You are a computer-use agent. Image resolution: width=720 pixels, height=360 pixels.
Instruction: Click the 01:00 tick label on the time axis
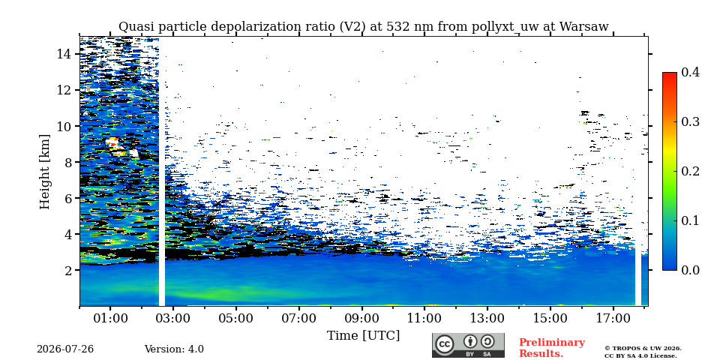coord(111,318)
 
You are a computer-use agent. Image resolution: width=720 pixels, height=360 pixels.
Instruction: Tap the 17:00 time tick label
coord(614,318)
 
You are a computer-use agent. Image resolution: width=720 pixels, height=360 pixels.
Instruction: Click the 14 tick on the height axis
coord(64,54)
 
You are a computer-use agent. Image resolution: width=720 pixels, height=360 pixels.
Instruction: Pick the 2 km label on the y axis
coord(69,270)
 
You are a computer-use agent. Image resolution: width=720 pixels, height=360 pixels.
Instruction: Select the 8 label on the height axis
coord(69,162)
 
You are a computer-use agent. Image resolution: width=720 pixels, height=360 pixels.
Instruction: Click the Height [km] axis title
coord(44,172)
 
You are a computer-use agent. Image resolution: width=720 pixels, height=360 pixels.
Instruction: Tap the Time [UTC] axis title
coord(363,336)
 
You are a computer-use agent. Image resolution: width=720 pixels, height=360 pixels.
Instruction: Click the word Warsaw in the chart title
coord(583,27)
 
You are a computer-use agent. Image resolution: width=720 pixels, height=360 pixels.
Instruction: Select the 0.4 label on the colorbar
coord(690,72)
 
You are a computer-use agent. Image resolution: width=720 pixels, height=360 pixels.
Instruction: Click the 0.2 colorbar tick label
coord(690,171)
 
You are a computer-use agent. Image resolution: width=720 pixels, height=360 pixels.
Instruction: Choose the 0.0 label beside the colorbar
coord(690,270)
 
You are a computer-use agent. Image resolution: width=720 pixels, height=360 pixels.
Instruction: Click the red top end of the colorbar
coord(670,74)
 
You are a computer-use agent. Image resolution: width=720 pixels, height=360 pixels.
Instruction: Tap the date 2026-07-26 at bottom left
coord(65,349)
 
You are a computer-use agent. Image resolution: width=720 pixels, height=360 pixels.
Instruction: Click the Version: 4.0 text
coord(174,349)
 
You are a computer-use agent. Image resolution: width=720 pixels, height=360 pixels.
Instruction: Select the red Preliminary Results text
coord(552,348)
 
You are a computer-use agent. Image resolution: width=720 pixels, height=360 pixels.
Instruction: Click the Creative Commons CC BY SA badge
coord(468,345)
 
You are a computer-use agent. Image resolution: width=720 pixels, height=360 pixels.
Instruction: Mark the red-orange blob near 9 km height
coord(113,144)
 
